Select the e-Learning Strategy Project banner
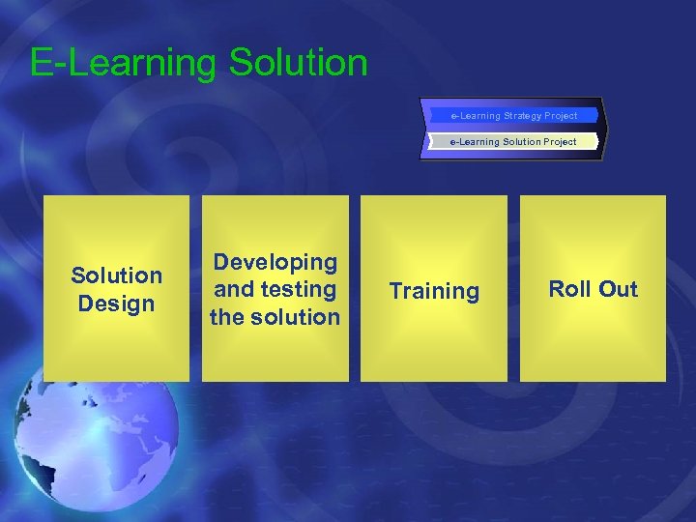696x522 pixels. [513, 116]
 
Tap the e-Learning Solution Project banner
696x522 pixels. [513, 142]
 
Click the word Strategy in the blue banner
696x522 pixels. [522, 116]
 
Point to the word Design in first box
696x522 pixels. [116, 304]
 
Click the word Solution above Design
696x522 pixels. [116, 275]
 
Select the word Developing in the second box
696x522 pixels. [275, 262]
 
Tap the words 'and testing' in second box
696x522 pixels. [275, 289]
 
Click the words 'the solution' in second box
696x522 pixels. [275, 317]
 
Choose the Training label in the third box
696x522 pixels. [434, 291]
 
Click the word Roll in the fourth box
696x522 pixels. [570, 289]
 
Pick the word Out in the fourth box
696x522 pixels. [618, 289]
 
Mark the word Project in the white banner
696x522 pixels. [559, 142]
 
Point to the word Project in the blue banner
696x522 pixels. [561, 116]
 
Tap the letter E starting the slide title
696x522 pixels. [41, 64]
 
